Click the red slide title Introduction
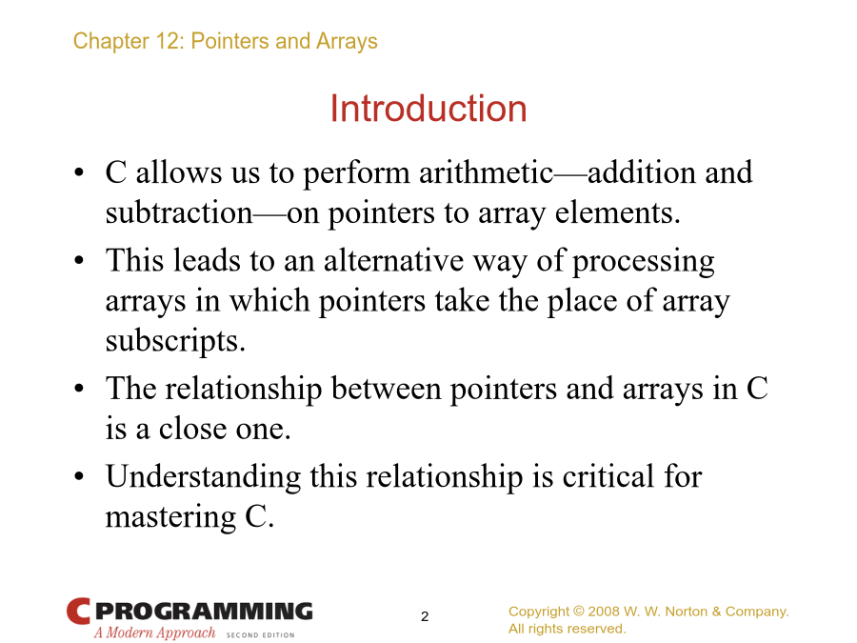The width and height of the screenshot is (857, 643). pos(428,109)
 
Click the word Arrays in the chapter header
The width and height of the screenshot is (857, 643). pos(347,42)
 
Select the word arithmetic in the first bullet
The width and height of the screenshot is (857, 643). pos(487,172)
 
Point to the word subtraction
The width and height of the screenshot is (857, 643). pos(179,212)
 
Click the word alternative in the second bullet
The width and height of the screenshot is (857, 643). pos(393,260)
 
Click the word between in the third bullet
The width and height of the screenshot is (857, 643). pos(386,389)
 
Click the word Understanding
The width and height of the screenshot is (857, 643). pos(203,477)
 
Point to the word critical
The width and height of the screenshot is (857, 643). pos(608,476)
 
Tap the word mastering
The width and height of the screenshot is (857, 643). pos(170,517)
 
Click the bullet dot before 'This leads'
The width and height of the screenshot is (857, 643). pos(79,260)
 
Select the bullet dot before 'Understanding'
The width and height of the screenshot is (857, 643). pos(79,476)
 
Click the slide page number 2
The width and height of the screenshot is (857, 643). pos(425,616)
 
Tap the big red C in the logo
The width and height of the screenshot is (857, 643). pos(78,612)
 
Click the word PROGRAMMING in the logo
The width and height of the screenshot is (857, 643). pos(204,612)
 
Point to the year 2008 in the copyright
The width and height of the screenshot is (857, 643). pos(604,612)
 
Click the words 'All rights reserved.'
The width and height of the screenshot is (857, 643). pos(568,629)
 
